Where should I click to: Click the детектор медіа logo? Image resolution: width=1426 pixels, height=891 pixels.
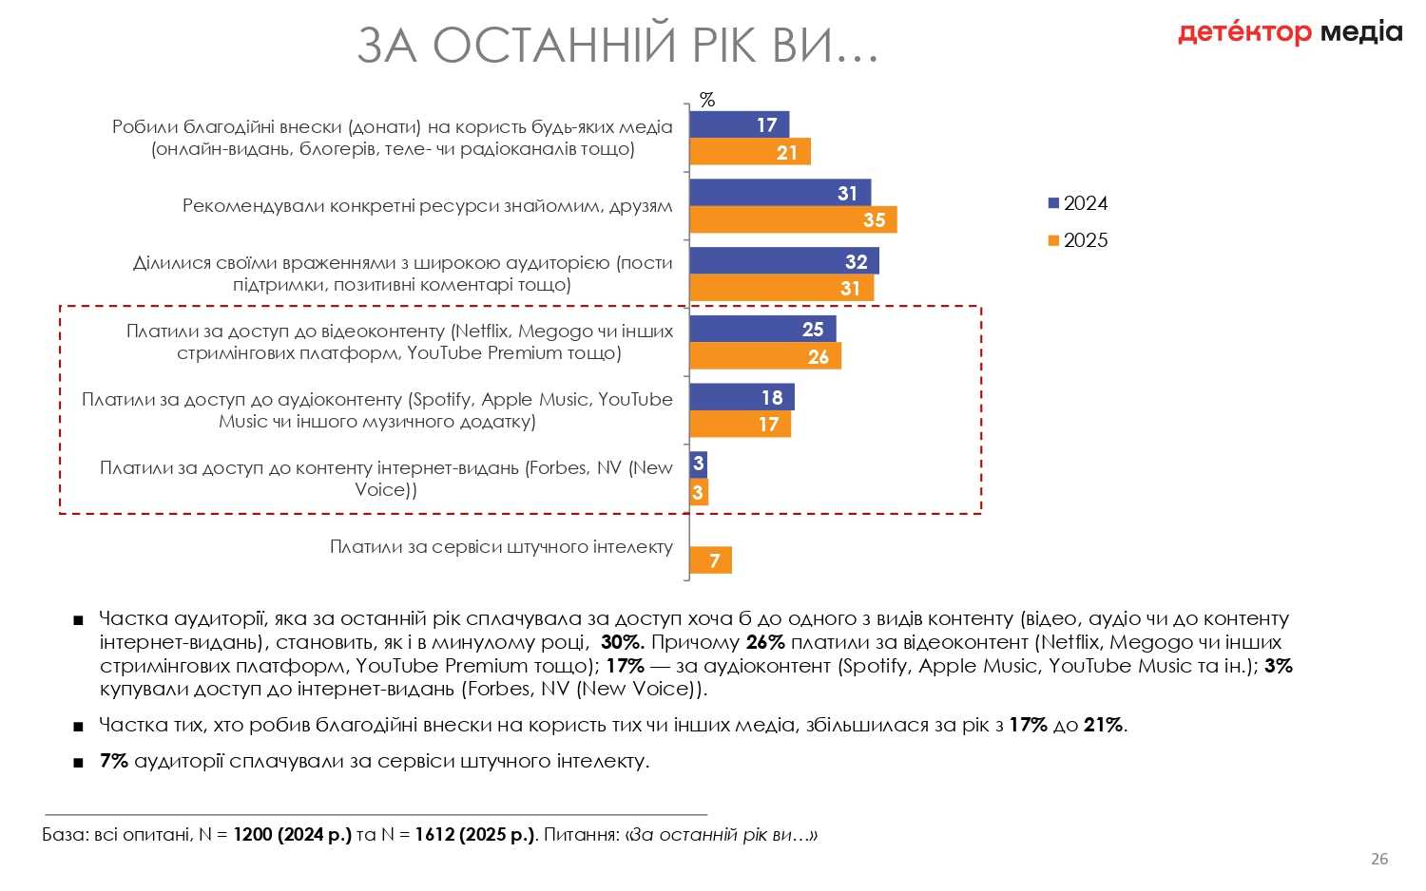pyautogui.click(x=1289, y=32)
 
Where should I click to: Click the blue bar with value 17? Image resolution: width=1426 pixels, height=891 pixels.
pyautogui.click(x=739, y=124)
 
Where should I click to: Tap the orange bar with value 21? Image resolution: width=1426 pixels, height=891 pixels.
pyautogui.click(x=749, y=152)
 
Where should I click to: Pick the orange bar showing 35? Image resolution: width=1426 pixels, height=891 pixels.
pyautogui.click(x=793, y=220)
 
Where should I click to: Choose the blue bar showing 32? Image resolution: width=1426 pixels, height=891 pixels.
pyautogui.click(x=783, y=261)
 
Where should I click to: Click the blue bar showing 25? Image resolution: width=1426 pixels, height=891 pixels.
pyautogui.click(x=762, y=330)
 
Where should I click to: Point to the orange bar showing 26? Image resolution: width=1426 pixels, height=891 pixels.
pyautogui.click(x=764, y=356)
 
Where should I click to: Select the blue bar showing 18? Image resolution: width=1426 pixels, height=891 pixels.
pyautogui.click(x=742, y=397)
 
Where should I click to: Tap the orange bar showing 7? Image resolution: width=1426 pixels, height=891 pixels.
pyautogui.click(x=710, y=560)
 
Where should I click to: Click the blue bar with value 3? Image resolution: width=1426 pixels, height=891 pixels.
pyautogui.click(x=698, y=464)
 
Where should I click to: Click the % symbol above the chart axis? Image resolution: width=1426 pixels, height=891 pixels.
pyautogui.click(x=706, y=100)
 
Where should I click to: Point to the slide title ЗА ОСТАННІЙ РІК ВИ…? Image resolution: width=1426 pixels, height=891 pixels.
pyautogui.click(x=618, y=46)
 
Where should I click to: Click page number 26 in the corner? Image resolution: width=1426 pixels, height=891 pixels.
pyautogui.click(x=1378, y=859)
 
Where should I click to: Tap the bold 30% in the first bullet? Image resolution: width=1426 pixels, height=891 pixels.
pyautogui.click(x=623, y=642)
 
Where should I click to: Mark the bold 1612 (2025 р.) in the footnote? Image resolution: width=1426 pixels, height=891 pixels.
pyautogui.click(x=474, y=836)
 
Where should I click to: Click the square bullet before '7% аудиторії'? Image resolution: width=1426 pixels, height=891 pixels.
pyautogui.click(x=78, y=763)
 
